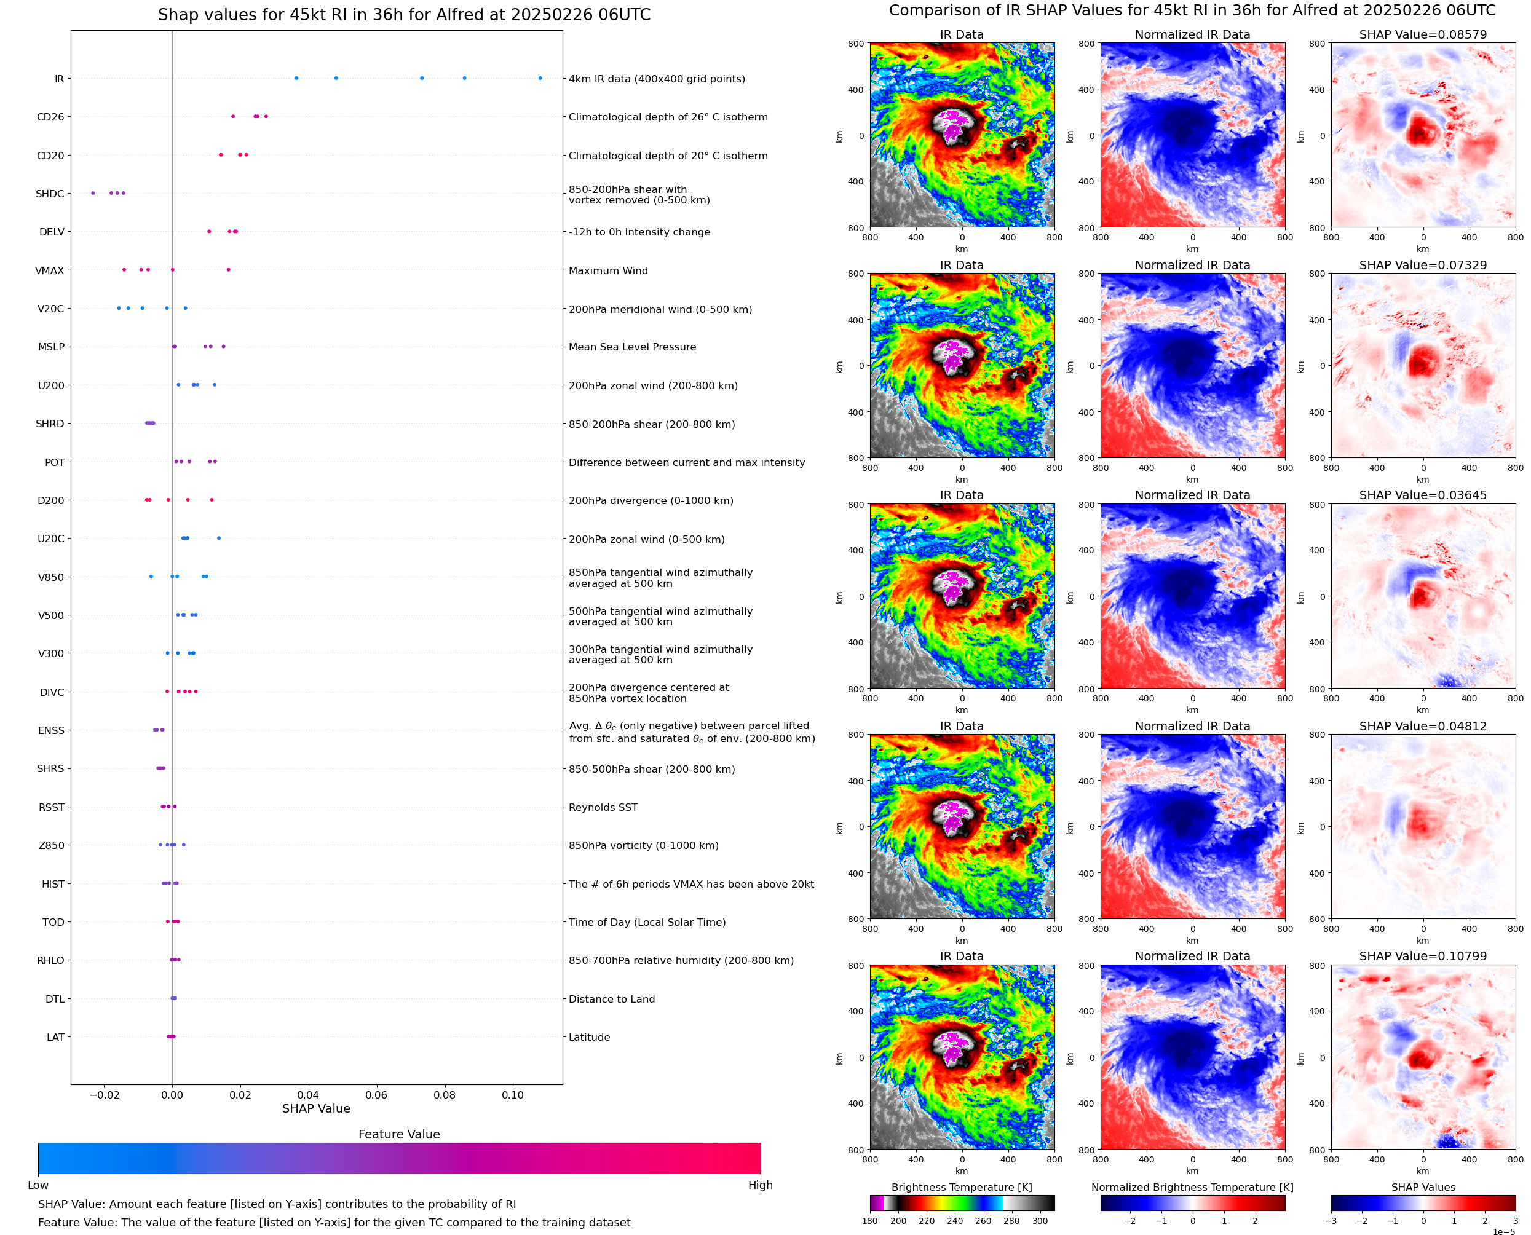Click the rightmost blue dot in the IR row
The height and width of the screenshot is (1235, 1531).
point(540,78)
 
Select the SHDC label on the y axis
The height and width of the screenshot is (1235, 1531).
point(50,194)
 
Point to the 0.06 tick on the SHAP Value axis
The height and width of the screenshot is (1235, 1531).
point(376,1095)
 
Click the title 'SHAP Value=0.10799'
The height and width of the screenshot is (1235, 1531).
point(1423,956)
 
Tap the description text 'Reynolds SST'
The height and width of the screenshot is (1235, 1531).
point(603,807)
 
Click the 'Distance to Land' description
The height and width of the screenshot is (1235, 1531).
point(611,999)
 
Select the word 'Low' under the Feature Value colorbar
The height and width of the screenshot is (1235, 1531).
point(38,1185)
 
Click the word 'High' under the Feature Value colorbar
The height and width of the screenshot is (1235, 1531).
point(760,1185)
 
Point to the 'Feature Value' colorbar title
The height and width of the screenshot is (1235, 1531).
point(399,1134)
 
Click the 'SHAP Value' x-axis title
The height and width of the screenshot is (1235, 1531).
point(316,1108)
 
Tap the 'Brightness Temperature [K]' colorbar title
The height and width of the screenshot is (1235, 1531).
point(961,1187)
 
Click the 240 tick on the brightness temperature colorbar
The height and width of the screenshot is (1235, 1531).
point(955,1221)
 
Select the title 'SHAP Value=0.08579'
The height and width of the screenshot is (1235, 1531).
point(1423,34)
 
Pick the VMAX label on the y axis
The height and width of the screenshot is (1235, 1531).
point(49,270)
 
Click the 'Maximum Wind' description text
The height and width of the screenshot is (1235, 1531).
point(607,270)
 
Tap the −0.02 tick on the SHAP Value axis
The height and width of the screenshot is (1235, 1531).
point(104,1095)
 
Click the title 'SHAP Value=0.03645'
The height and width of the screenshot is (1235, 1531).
point(1423,495)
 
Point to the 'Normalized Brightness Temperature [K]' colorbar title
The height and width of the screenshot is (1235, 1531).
point(1192,1187)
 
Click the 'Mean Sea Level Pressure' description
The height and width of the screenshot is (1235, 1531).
point(631,347)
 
